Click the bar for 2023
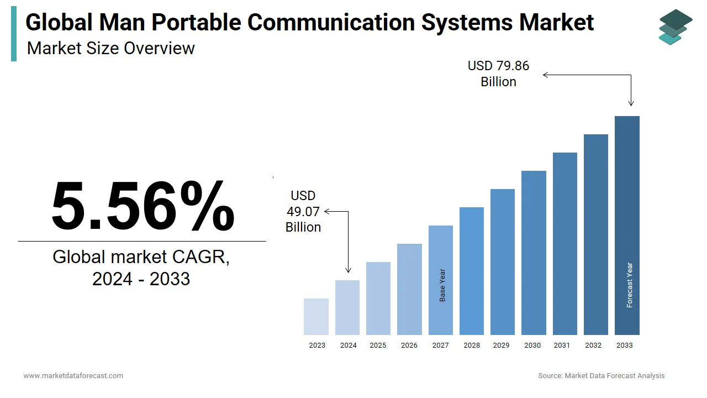(x=316, y=317)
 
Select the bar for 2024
(x=347, y=307)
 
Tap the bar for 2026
(x=409, y=289)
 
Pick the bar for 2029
(x=503, y=262)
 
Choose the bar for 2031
(x=564, y=244)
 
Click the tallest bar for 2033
(x=627, y=226)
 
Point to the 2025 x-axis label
(x=378, y=345)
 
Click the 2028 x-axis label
(x=472, y=345)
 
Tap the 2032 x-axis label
(x=594, y=345)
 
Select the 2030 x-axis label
(x=532, y=345)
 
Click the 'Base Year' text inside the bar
(x=442, y=285)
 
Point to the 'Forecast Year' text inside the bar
(x=630, y=285)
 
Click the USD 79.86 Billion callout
(x=498, y=74)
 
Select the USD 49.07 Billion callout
(x=303, y=211)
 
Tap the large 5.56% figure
(x=143, y=206)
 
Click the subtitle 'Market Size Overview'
(x=111, y=48)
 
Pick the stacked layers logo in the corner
(x=675, y=27)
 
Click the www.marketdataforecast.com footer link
(x=73, y=376)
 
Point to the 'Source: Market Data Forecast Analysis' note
(x=602, y=376)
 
